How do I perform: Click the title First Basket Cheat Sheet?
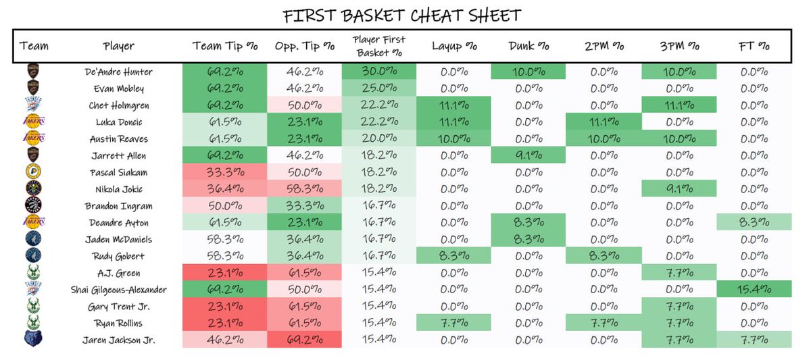pyautogui.click(x=402, y=15)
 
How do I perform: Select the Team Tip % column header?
pyautogui.click(x=223, y=47)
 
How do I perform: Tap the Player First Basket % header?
pyautogui.click(x=379, y=47)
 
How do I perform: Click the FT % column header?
pyautogui.click(x=754, y=47)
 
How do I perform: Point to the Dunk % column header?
pyautogui.click(x=529, y=47)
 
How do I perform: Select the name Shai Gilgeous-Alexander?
pyautogui.click(x=119, y=289)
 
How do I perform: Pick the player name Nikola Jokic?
pyautogui.click(x=119, y=189)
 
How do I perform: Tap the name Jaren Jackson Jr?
pyautogui.click(x=119, y=340)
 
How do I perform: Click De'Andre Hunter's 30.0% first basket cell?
pyautogui.click(x=379, y=72)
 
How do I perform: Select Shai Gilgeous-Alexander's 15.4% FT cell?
pyautogui.click(x=754, y=289)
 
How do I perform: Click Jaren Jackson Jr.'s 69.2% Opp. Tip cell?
pyautogui.click(x=305, y=340)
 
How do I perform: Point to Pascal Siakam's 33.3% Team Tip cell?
pyautogui.click(x=223, y=172)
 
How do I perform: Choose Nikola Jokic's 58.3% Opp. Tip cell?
pyautogui.click(x=305, y=189)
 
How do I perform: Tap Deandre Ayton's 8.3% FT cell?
pyautogui.click(x=754, y=222)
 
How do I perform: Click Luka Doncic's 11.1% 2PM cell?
pyautogui.click(x=604, y=122)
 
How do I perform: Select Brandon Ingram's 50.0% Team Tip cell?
pyautogui.click(x=223, y=205)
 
